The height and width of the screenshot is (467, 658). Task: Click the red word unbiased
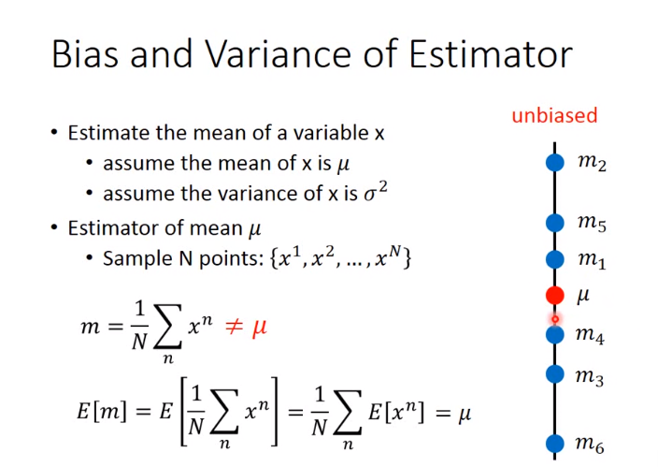point(554,115)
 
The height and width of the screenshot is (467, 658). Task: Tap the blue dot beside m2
point(555,162)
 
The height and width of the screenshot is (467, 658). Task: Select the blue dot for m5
point(555,223)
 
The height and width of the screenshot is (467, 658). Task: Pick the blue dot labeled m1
point(555,259)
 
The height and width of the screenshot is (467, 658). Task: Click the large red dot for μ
point(555,295)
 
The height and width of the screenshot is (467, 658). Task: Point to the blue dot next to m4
point(555,335)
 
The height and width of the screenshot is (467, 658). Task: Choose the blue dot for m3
point(555,373)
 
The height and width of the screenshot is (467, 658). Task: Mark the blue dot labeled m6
point(555,443)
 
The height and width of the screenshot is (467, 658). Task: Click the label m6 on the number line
point(590,445)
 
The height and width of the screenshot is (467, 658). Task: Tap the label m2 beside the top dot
point(593,163)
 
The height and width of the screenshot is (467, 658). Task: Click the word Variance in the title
point(278,54)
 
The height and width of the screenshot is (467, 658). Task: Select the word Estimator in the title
point(491,54)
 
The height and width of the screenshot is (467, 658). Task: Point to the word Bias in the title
point(85,54)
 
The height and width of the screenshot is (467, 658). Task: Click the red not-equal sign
point(235,327)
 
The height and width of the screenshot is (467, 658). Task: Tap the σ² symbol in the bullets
point(376,192)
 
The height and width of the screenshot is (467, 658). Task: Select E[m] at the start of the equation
point(102,411)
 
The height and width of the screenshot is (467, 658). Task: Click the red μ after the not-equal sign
point(259,328)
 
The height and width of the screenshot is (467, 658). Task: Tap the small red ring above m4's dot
point(555,320)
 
